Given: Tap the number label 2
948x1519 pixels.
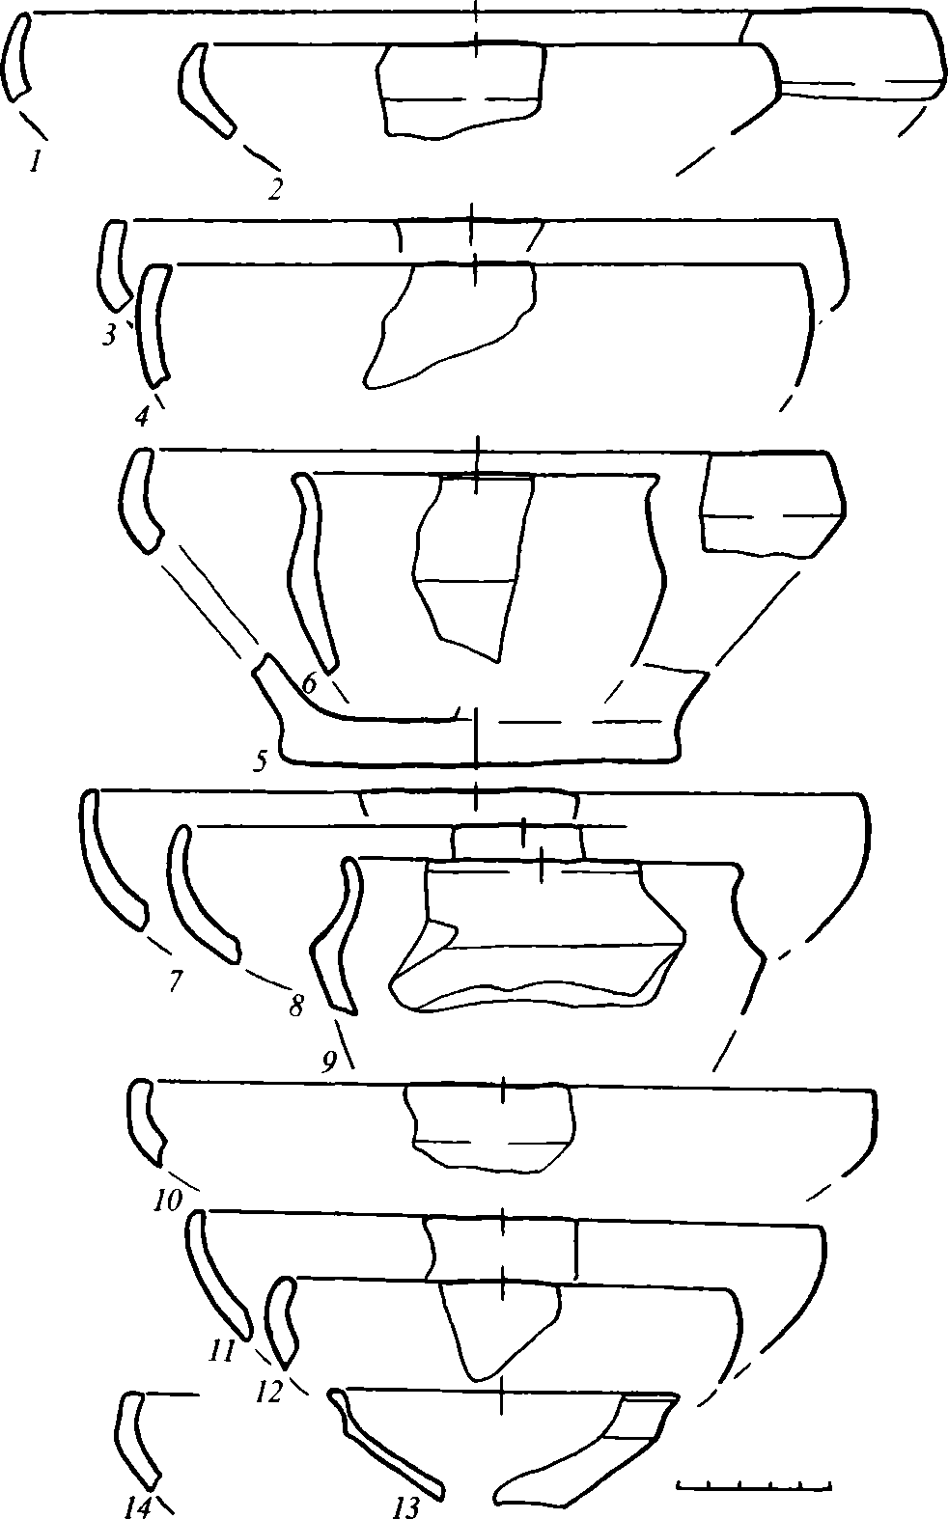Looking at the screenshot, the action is pyautogui.click(x=274, y=189).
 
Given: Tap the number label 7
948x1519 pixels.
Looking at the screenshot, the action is pyautogui.click(x=175, y=981).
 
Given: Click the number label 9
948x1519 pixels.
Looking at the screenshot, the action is pyautogui.click(x=328, y=1062).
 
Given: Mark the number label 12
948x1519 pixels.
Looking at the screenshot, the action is pyautogui.click(x=269, y=1393).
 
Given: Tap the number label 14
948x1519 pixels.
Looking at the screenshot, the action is pyautogui.click(x=138, y=1506).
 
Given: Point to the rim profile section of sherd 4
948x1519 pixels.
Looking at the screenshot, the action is pyautogui.click(x=153, y=325).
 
